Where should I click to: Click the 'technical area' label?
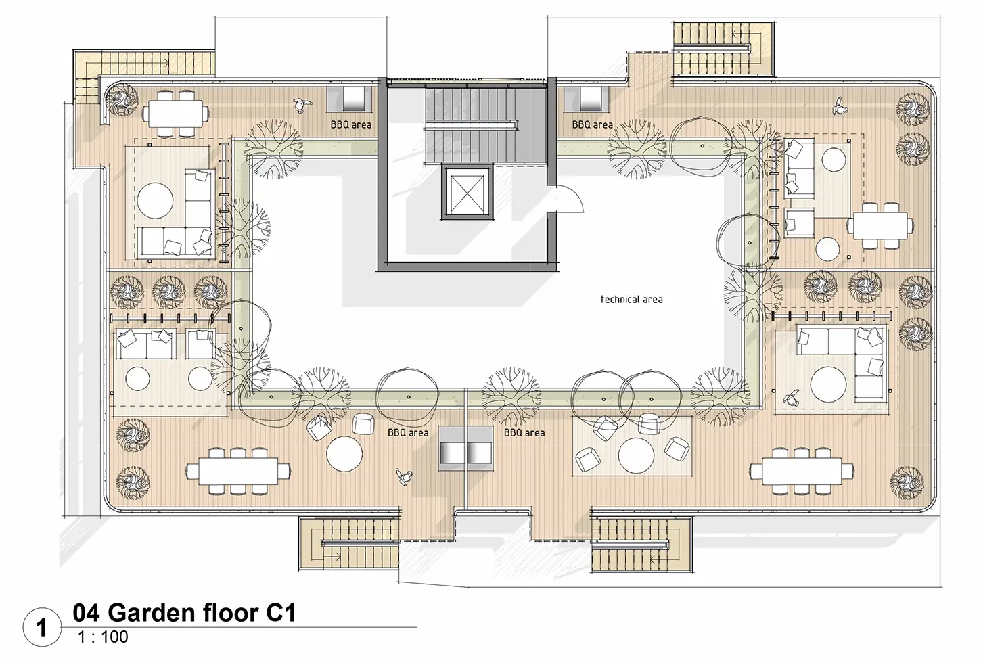pyautogui.click(x=631, y=300)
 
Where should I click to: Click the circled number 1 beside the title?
pyautogui.click(x=41, y=628)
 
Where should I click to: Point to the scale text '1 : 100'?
pyautogui.click(x=104, y=637)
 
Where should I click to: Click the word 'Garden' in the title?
pyautogui.click(x=152, y=612)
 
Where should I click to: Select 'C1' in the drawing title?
pyautogui.click(x=281, y=612)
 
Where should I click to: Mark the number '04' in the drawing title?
pyautogui.click(x=87, y=612)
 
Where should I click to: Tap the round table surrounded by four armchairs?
pyautogui.click(x=636, y=455)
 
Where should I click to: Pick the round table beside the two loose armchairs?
pyautogui.click(x=344, y=453)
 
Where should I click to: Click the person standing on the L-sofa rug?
pyautogui.click(x=790, y=399)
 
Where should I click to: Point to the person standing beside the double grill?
pyautogui.click(x=404, y=476)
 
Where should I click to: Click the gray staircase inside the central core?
pyautogui.click(x=471, y=125)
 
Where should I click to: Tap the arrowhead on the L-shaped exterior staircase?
pyautogui.click(x=167, y=63)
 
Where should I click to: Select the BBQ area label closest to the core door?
pyautogui.click(x=592, y=125)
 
